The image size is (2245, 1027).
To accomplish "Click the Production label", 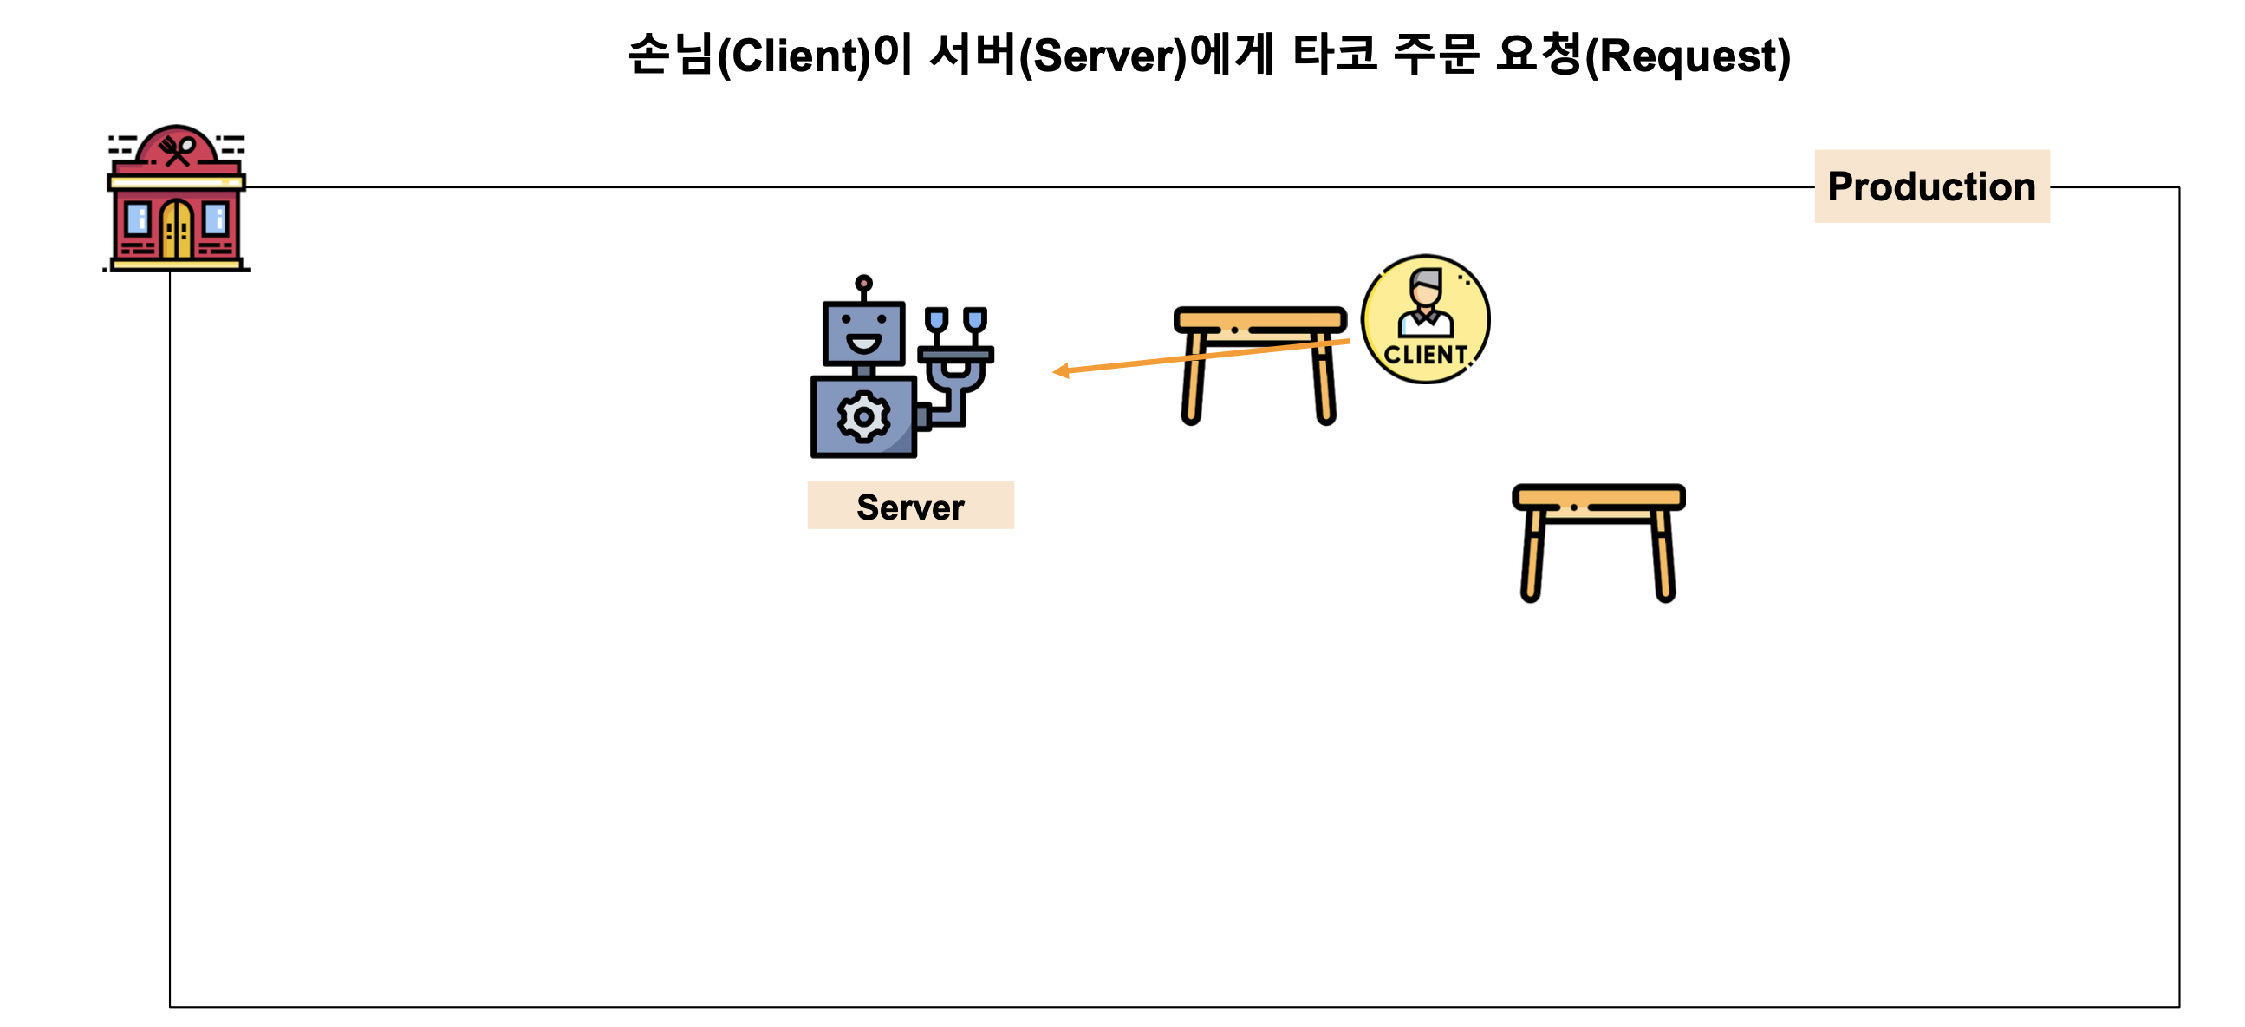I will click(1930, 186).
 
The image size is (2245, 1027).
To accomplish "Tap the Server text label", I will click(910, 507).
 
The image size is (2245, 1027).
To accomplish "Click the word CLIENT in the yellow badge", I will click(1425, 355).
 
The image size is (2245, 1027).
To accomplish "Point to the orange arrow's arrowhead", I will click(1060, 371).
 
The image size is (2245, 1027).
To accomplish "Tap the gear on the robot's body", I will click(862, 416).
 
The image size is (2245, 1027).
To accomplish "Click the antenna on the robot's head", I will click(862, 285).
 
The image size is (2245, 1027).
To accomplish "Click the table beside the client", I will click(1259, 362).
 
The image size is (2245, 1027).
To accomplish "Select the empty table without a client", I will click(1598, 540).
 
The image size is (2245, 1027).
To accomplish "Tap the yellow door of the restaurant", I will click(177, 229).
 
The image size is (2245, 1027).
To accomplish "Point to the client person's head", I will click(1426, 287).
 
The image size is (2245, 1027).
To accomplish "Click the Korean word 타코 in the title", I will click(1334, 54).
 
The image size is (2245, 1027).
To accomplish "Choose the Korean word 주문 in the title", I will click(1435, 54).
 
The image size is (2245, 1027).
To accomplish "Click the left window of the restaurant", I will click(138, 218).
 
